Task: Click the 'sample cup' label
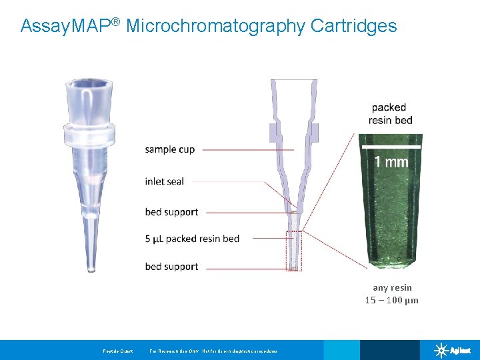[170, 149]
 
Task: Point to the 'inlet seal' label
[164, 181]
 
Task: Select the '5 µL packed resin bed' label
[192, 239]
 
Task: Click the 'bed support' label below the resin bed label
[171, 267]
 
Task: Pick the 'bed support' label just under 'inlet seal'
[171, 212]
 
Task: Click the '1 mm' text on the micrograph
[391, 161]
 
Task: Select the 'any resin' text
[392, 287]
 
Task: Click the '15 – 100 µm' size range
[392, 300]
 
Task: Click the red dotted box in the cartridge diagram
[294, 251]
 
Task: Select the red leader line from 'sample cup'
[247, 150]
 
